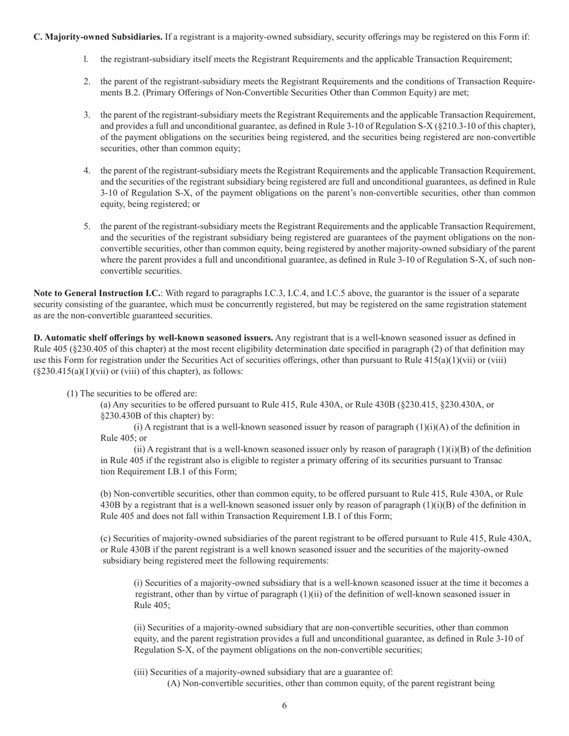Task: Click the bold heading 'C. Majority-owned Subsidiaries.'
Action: point(98,37)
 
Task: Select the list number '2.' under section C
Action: point(87,81)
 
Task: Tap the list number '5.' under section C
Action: point(87,226)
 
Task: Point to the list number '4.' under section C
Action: point(87,171)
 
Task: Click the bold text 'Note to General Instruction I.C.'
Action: point(96,293)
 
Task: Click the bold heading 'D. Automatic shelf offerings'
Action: point(153,338)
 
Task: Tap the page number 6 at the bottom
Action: point(284,705)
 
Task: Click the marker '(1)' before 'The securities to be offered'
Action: point(72,393)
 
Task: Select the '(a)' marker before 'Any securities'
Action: point(105,405)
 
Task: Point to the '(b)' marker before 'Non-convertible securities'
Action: point(106,494)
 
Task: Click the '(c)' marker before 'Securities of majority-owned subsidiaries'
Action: point(105,539)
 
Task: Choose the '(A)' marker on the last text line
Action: point(174,683)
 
